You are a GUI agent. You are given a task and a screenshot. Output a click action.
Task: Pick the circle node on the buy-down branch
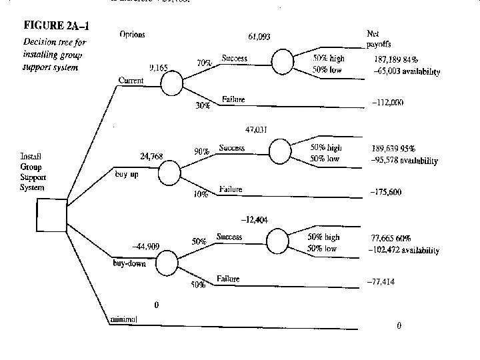coord(167,261)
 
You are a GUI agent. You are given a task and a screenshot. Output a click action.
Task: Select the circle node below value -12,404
coord(277,240)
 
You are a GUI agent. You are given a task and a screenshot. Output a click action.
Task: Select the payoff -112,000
coord(387,103)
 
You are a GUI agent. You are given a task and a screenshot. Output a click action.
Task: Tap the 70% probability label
coord(204,63)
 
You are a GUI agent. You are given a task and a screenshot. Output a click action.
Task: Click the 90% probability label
coord(201,151)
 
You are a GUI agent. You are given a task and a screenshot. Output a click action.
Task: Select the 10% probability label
coord(201,194)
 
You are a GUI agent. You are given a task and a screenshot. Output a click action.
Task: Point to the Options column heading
coord(132,34)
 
